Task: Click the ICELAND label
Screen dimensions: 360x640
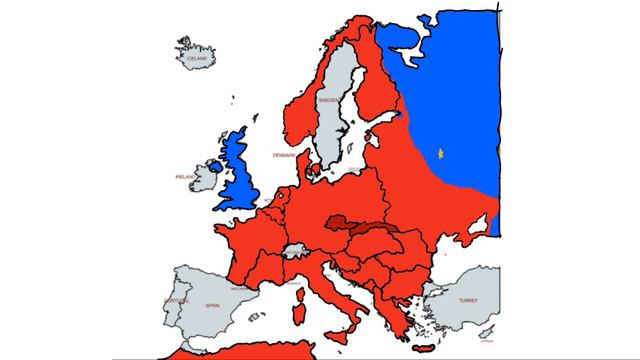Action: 196,60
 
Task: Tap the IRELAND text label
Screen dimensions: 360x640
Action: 185,177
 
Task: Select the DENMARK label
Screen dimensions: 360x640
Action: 283,156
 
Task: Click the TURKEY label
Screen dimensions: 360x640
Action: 468,300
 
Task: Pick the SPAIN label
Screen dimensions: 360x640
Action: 212,305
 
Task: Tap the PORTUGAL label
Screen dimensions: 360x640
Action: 176,299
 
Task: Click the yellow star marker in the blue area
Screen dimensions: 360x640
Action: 440,153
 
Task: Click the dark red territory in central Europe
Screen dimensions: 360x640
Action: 360,227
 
